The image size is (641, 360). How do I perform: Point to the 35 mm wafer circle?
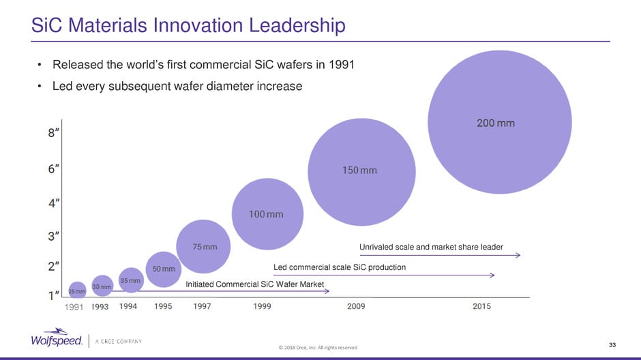click(x=130, y=280)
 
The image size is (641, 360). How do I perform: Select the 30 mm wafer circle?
click(x=102, y=287)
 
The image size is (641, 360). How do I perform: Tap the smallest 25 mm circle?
click(x=77, y=291)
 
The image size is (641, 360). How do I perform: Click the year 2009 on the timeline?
click(x=356, y=307)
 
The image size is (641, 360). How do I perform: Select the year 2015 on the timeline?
click(x=481, y=307)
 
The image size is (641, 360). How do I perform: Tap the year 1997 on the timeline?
click(x=202, y=307)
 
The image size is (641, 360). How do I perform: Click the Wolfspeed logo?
click(x=57, y=340)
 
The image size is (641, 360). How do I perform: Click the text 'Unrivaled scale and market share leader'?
click(x=431, y=247)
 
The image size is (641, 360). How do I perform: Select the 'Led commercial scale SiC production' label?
click(x=340, y=267)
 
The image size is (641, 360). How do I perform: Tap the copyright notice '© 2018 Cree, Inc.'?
click(x=318, y=348)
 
